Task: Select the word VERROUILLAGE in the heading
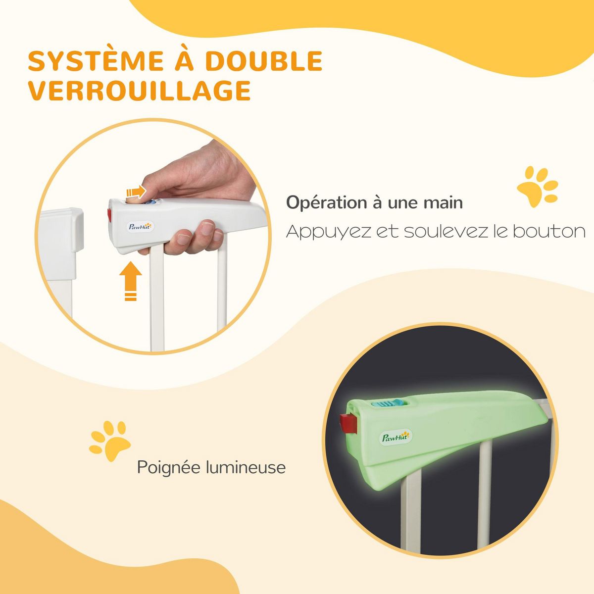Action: [139, 91]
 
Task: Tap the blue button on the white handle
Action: [152, 203]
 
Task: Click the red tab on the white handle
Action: [109, 215]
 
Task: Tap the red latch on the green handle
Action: [347, 424]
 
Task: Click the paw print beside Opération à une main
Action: [538, 187]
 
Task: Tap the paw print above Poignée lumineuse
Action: [110, 441]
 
